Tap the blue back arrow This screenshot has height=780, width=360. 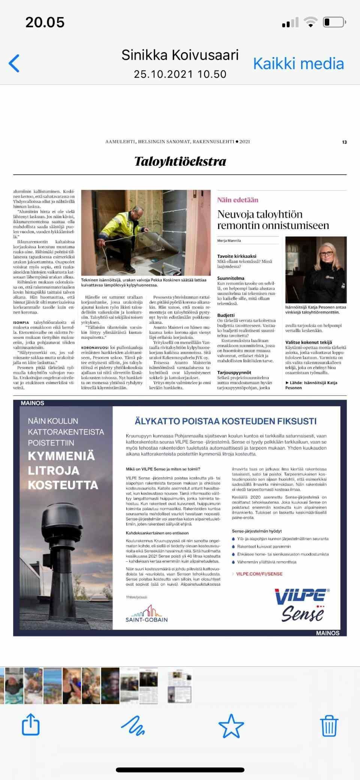click(14, 63)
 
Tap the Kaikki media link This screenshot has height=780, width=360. click(298, 64)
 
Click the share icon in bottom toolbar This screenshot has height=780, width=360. click(31, 725)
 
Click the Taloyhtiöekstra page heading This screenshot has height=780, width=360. click(180, 161)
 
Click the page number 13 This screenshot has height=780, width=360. click(344, 142)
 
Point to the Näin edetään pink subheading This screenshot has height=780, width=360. click(238, 200)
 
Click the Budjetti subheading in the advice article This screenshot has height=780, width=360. click(226, 315)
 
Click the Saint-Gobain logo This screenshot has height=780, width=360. click(147, 614)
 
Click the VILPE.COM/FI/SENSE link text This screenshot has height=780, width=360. click(259, 574)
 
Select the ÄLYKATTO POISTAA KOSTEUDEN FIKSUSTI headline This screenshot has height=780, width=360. click(225, 421)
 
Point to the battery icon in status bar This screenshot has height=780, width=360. click(333, 22)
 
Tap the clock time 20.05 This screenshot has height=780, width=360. click(45, 23)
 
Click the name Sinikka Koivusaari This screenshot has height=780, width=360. click(180, 55)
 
